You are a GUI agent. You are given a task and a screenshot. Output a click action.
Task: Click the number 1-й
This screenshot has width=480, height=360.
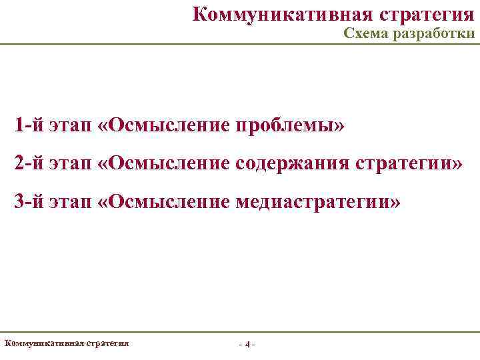[x=29, y=125]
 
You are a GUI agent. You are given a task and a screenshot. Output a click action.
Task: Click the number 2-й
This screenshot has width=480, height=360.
[x=29, y=163]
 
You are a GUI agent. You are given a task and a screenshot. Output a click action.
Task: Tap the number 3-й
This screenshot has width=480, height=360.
[x=29, y=201]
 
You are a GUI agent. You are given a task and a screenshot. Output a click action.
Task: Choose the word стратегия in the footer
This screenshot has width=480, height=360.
[x=107, y=343]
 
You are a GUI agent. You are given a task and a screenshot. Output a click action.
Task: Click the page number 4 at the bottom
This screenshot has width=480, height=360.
[x=247, y=345]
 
